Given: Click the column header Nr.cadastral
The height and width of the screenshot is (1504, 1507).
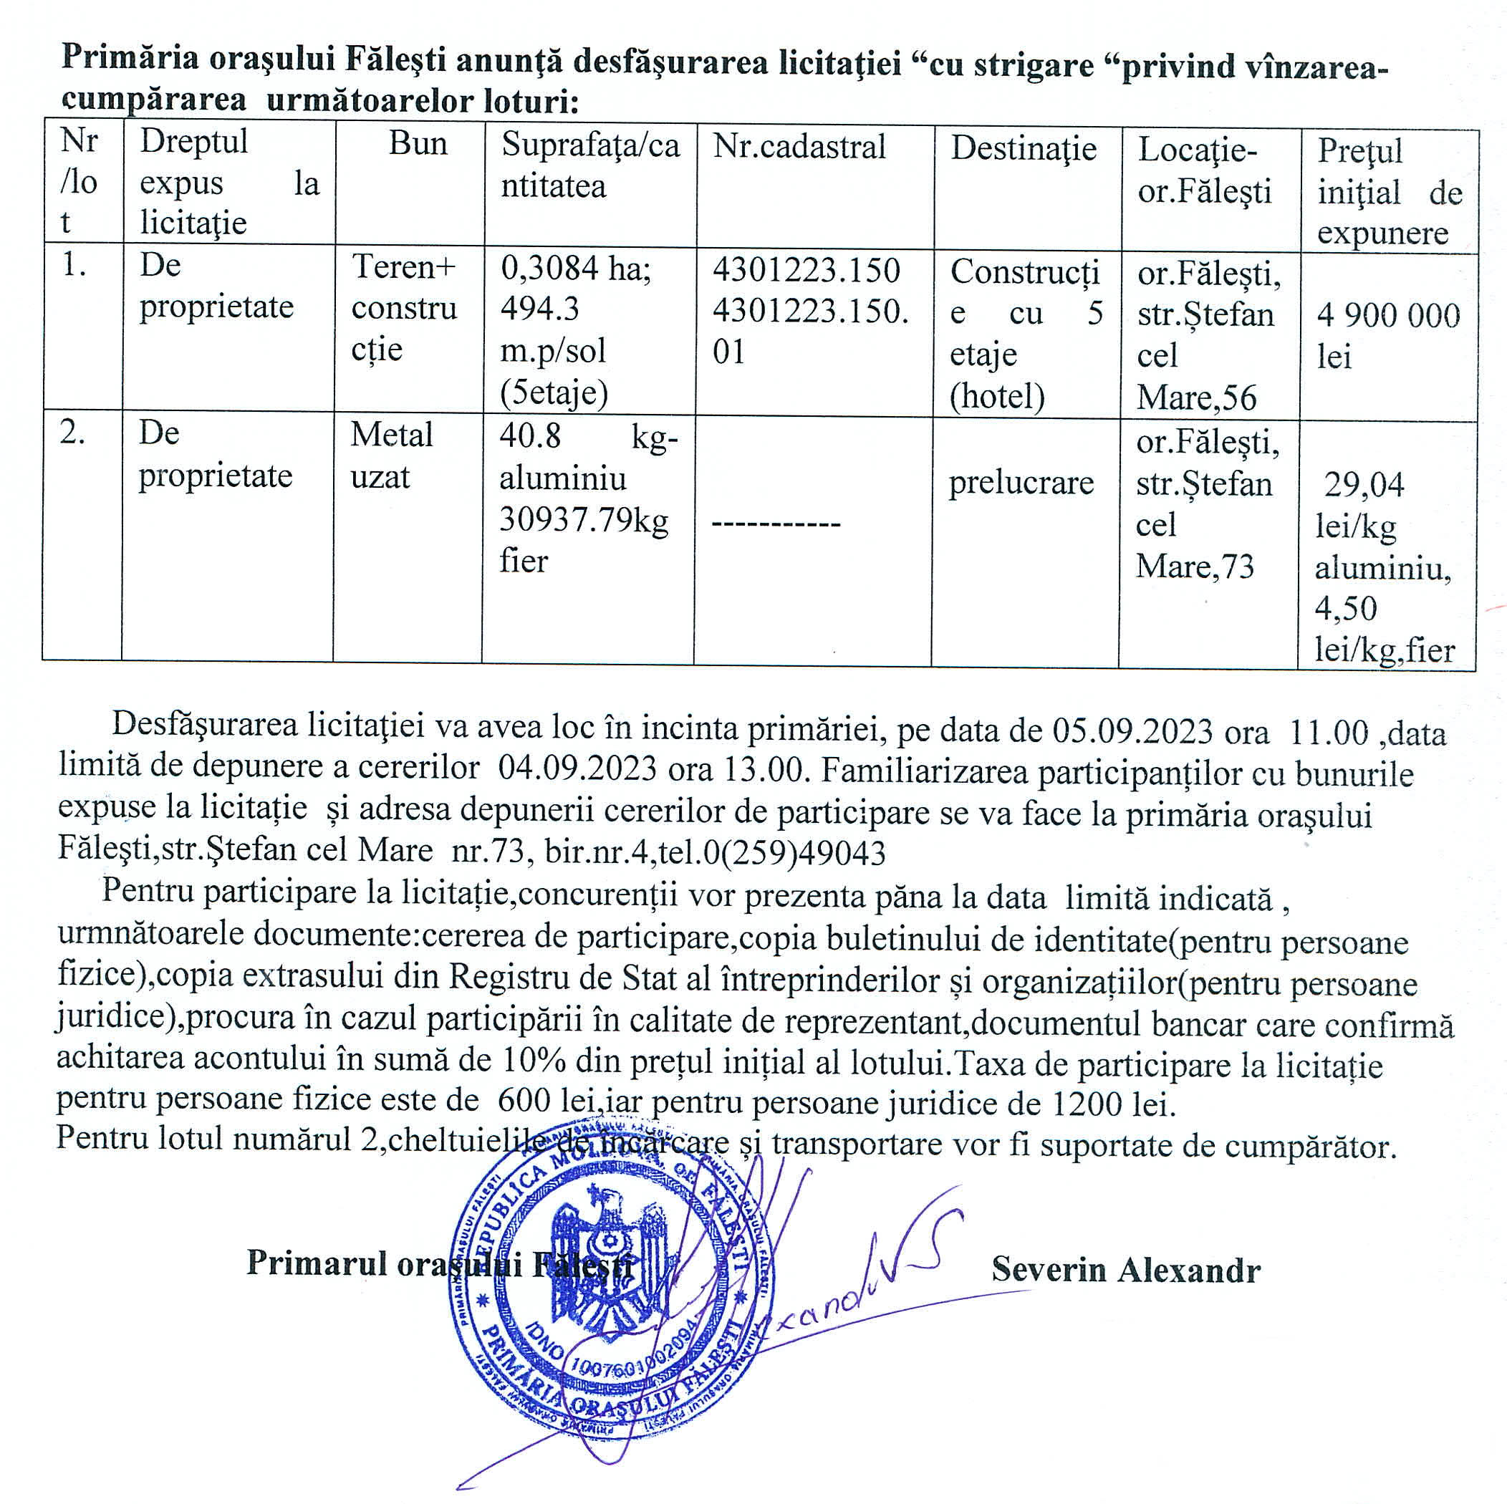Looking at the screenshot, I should pos(799,147).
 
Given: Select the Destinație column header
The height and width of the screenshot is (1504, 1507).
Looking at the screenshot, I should pos(1023,148).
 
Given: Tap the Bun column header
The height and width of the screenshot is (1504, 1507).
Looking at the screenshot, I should pos(418,145).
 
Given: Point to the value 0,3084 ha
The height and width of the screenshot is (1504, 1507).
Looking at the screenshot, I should pos(575,269).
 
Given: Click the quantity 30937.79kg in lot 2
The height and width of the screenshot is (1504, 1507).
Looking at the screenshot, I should pos(584,521).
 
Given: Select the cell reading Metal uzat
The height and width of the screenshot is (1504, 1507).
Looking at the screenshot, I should pos(391,455).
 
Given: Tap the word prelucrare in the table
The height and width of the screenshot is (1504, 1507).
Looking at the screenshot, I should pos(1021,483).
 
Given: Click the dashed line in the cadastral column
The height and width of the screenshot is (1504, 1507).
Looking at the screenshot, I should pos(775,524).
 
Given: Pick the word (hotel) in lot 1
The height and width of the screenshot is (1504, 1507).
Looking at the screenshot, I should pos(996,397).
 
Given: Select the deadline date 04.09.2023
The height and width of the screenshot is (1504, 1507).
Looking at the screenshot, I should pos(577,768).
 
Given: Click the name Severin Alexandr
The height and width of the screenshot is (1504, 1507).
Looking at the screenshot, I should pos(1125,1270).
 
